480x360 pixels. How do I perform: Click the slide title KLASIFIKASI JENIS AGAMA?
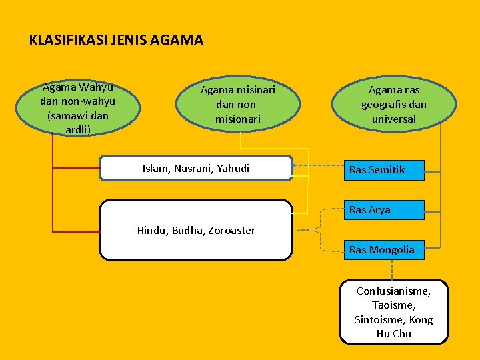pyautogui.click(x=116, y=40)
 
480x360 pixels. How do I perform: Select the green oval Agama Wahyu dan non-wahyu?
pyautogui.click(x=78, y=107)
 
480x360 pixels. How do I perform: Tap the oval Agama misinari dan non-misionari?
pyautogui.click(x=238, y=104)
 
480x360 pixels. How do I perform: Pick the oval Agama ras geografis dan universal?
pyautogui.click(x=394, y=104)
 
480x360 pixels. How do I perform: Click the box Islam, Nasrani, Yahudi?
pyautogui.click(x=196, y=169)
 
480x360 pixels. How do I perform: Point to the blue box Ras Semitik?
pyautogui.click(x=384, y=170)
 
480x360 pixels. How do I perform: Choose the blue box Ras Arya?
pyautogui.click(x=384, y=210)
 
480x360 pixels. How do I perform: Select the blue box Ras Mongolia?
pyautogui.click(x=384, y=250)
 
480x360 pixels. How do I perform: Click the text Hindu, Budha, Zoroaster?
pyautogui.click(x=196, y=231)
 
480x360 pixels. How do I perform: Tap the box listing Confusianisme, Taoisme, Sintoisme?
pyautogui.click(x=393, y=312)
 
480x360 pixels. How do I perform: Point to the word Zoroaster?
pyautogui.click(x=231, y=231)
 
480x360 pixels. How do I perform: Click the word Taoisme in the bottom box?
pyautogui.click(x=393, y=305)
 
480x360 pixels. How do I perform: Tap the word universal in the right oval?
pyautogui.click(x=394, y=119)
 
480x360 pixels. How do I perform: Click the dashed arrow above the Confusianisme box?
pyautogui.click(x=392, y=269)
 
